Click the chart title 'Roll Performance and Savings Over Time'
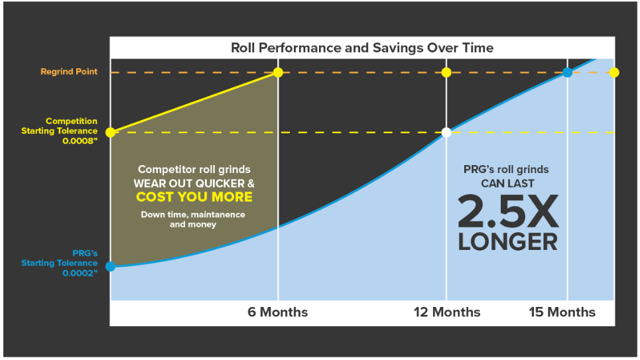[362, 48]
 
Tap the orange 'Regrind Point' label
[69, 72]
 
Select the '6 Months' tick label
[277, 312]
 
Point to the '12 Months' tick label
[447, 312]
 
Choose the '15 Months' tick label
[562, 312]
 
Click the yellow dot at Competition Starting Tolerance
[110, 132]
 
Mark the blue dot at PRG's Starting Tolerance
[110, 267]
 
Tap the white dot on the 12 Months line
[446, 132]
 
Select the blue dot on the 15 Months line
[567, 73]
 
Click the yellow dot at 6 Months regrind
[278, 73]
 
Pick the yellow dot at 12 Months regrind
[446, 73]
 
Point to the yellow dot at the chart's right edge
[614, 73]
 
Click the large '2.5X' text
[508, 211]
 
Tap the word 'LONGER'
[508, 242]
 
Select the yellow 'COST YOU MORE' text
[194, 197]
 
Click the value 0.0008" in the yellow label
[80, 141]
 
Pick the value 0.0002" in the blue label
[80, 273]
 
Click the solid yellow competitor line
[194, 103]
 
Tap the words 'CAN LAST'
[507, 184]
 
